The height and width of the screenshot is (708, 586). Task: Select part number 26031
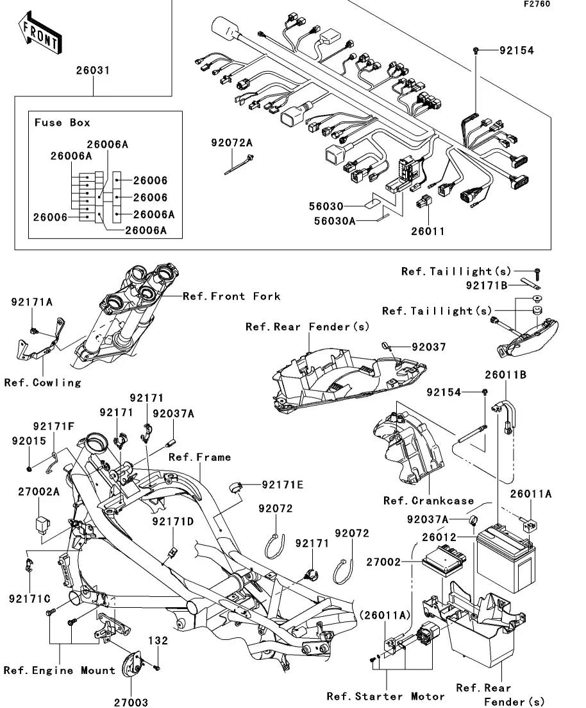coord(93,71)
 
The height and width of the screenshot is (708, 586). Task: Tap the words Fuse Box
coord(62,123)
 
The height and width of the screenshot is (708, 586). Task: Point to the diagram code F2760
coord(537,4)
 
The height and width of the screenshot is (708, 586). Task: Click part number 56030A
coord(334,221)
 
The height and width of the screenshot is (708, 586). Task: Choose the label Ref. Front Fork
coord(231,296)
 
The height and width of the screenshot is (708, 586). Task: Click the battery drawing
coord(506,558)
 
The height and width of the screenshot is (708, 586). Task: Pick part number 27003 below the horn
coord(131,702)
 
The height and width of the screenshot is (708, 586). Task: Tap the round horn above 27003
coord(132,664)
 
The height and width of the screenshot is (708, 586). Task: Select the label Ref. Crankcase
coord(428,501)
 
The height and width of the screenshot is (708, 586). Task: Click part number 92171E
coord(283,485)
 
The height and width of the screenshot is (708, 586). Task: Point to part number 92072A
coord(232,143)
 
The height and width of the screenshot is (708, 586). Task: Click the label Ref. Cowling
coord(43,383)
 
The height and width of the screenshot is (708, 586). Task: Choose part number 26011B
coord(506,375)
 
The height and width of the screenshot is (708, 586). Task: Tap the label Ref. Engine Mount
coord(60,670)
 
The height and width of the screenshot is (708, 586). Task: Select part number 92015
coord(29,441)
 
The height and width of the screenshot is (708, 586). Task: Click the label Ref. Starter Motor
coord(386,696)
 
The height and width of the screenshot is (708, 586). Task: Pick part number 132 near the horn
coord(158,641)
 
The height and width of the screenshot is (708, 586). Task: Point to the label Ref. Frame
coord(200,458)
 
